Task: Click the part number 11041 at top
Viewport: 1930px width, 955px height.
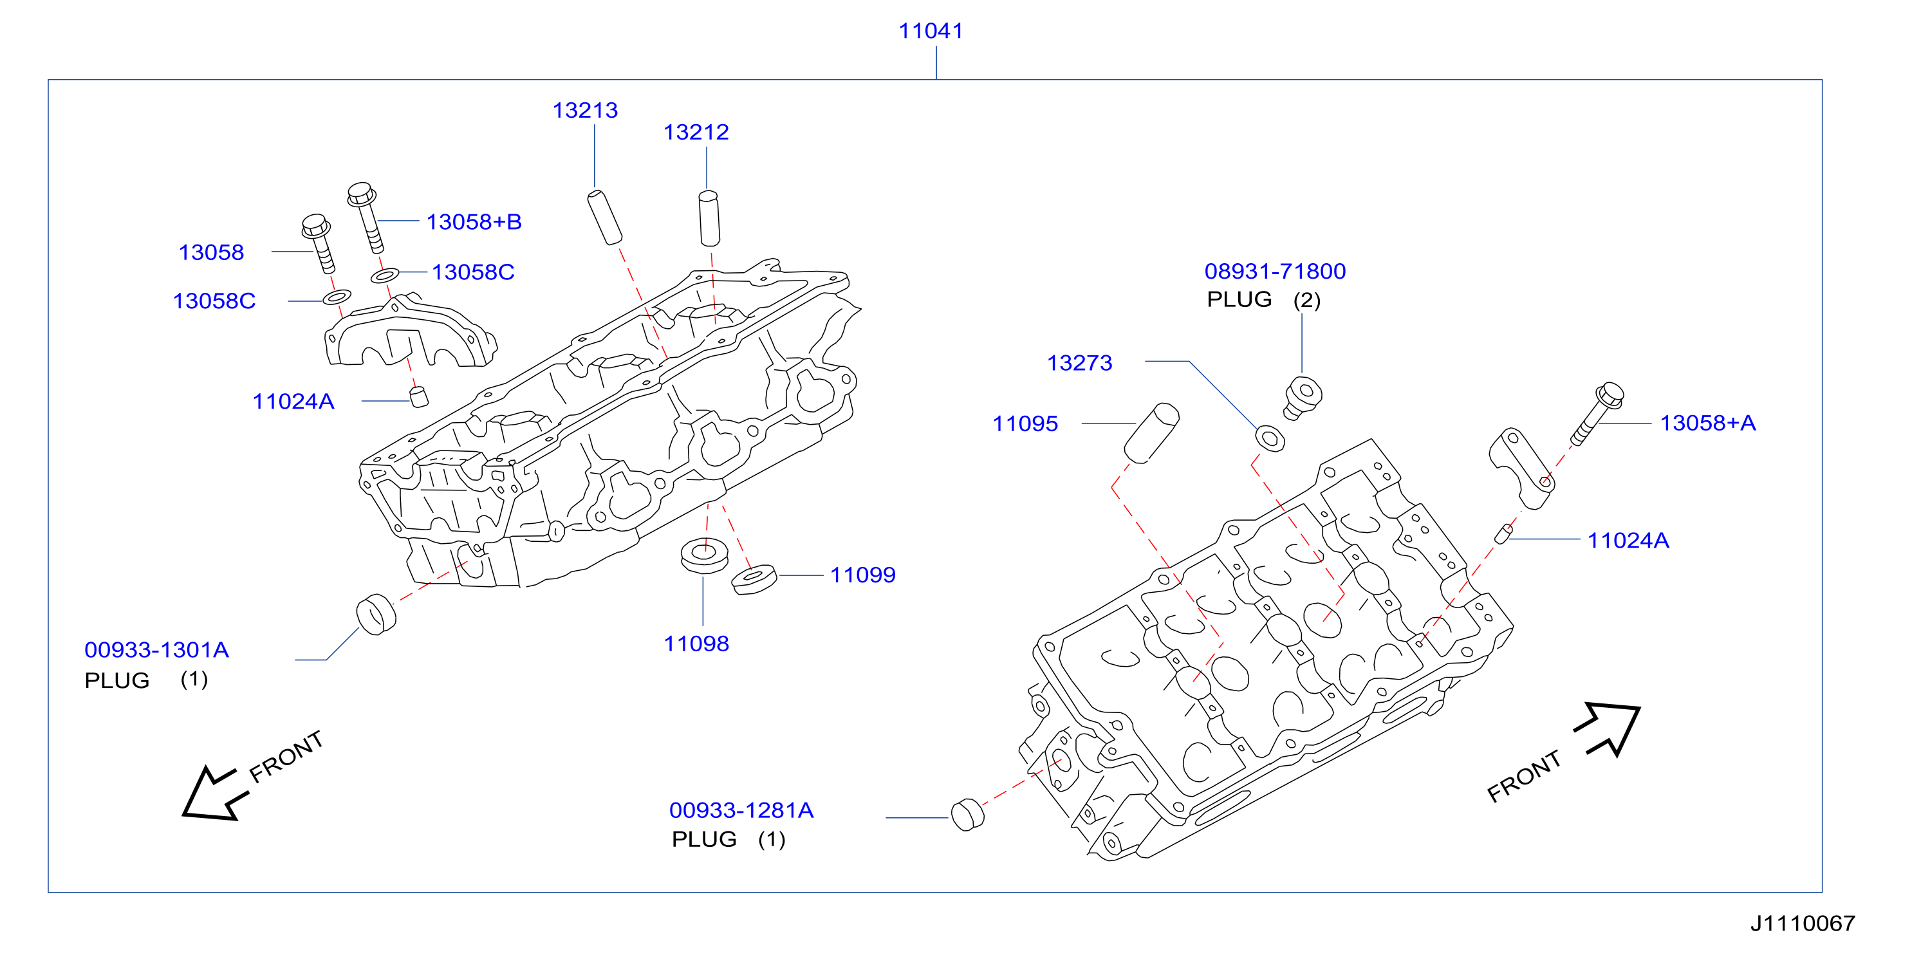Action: [x=931, y=31]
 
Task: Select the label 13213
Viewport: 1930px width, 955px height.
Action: [x=585, y=110]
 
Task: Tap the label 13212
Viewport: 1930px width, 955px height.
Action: [x=696, y=132]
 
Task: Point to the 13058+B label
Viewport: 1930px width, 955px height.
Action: [x=474, y=222]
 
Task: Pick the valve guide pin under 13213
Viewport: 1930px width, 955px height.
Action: [x=605, y=218]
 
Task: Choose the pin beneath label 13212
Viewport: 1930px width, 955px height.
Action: [x=710, y=219]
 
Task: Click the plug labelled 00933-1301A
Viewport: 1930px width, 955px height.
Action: [x=376, y=614]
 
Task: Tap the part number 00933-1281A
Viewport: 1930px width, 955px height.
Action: [x=741, y=810]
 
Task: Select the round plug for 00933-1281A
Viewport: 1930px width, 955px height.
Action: [x=967, y=815]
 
